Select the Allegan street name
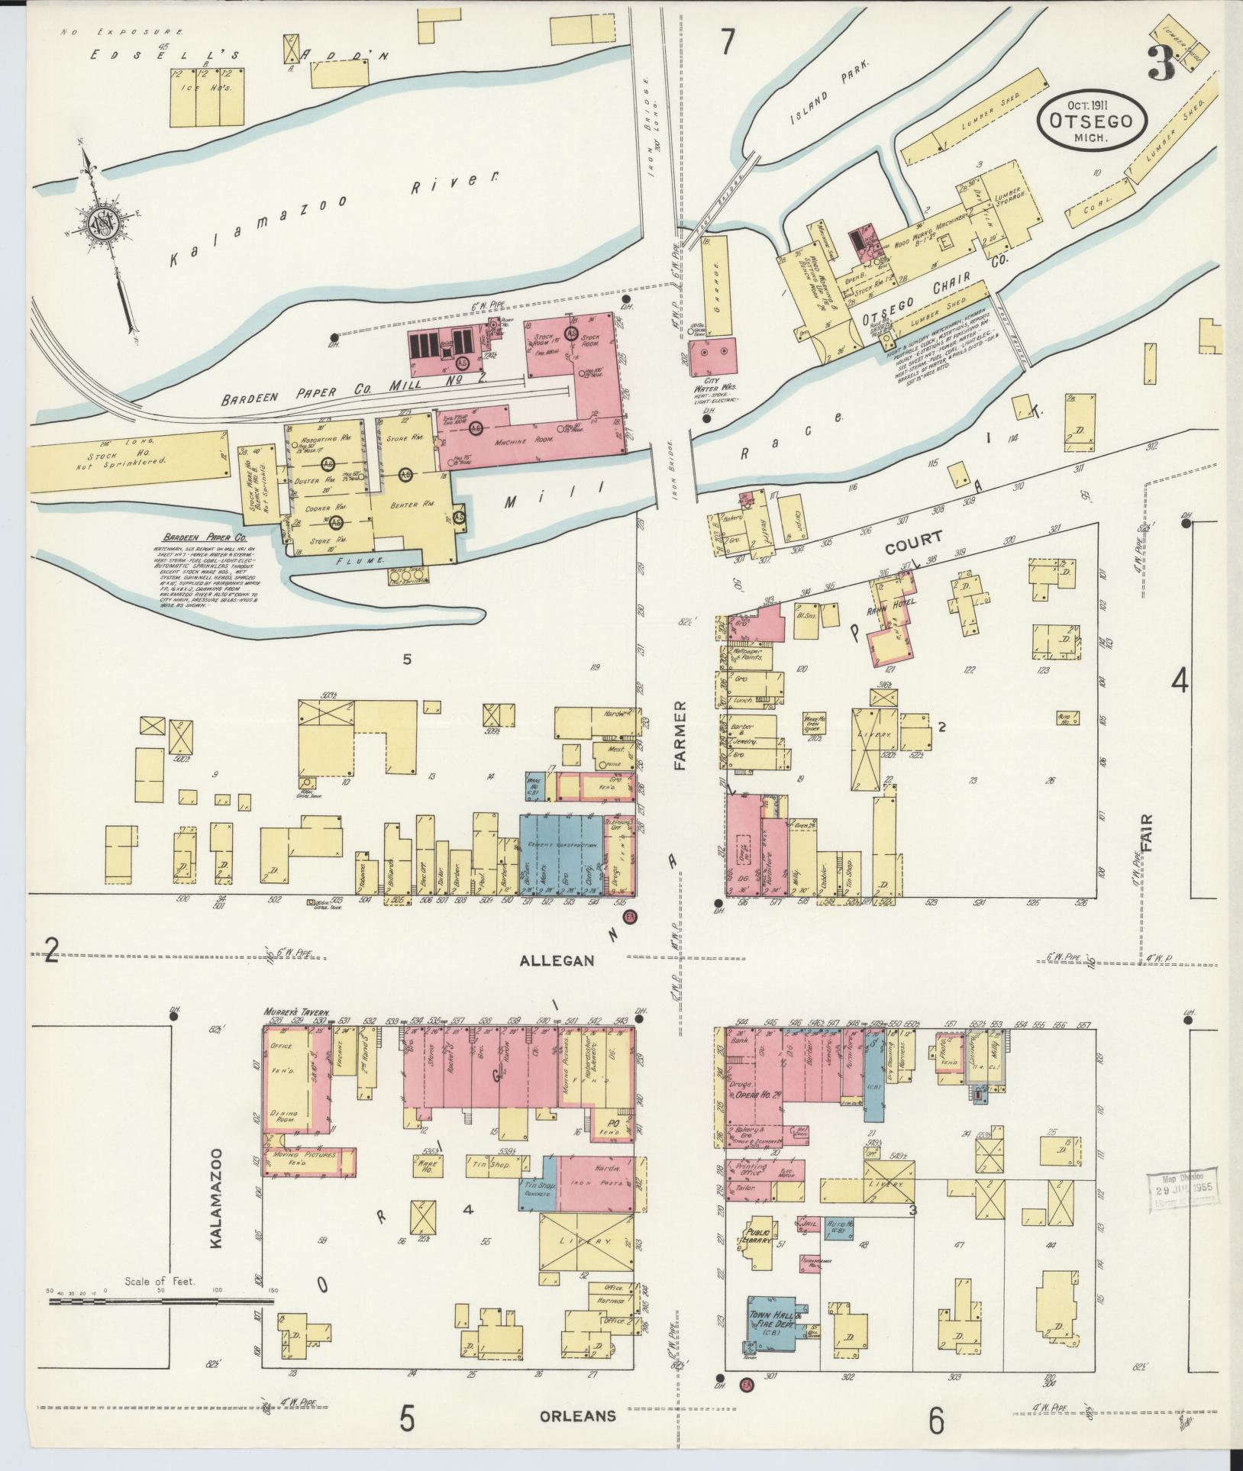[557, 960]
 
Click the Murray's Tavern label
[295, 1012]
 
